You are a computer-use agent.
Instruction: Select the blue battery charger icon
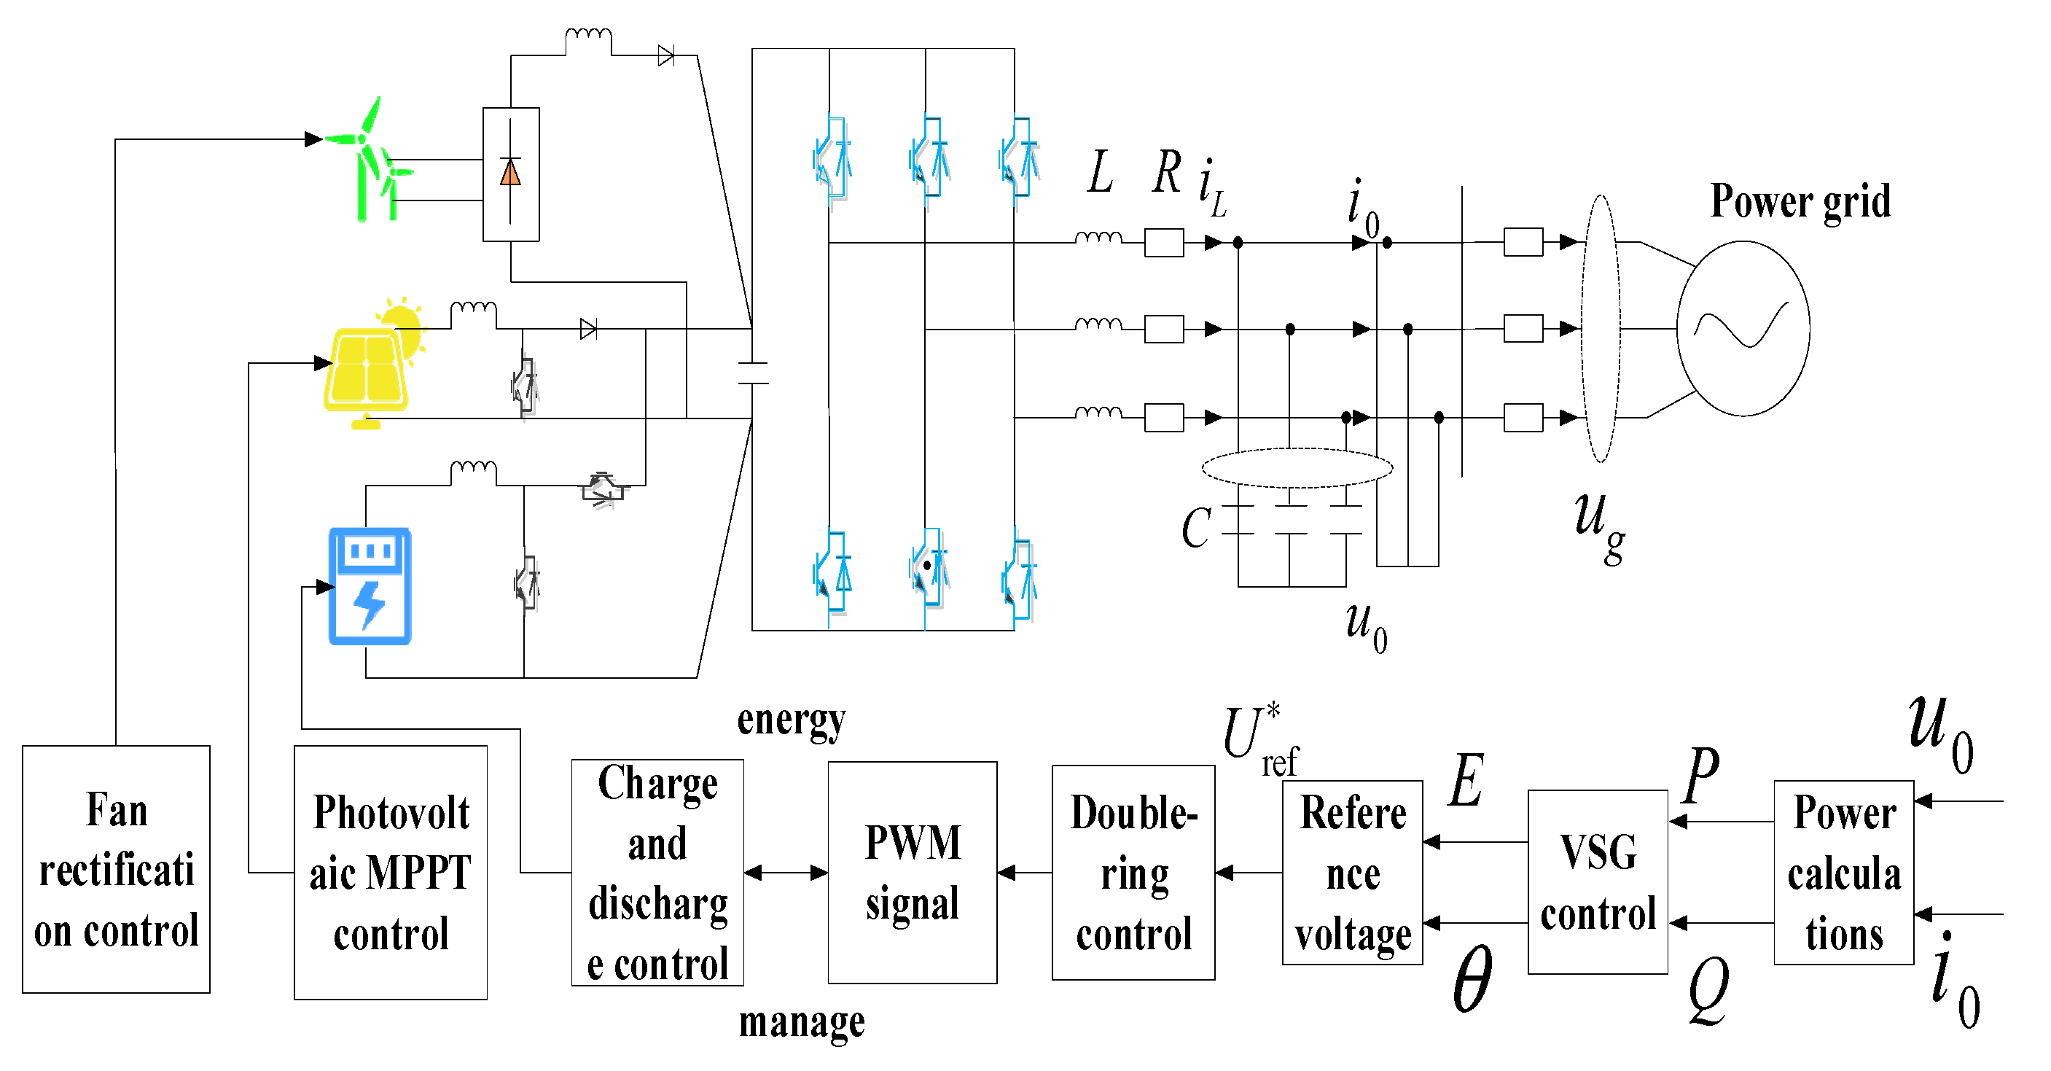point(370,586)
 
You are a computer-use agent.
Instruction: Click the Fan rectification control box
point(116,870)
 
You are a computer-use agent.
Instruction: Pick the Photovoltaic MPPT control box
point(390,873)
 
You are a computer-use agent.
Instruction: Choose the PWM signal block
point(913,873)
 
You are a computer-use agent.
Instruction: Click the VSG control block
point(1597,882)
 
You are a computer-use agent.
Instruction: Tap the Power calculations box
point(1843,873)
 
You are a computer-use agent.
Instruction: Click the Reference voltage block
point(1352,873)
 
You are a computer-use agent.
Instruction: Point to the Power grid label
point(1800,200)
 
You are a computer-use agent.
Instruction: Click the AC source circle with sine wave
point(1743,328)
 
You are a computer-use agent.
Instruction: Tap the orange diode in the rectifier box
point(510,173)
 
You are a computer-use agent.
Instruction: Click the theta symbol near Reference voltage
point(1472,979)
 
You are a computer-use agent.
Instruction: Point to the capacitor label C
point(1195,528)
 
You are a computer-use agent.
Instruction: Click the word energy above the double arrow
point(791,720)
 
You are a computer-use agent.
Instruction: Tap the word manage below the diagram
point(801,1021)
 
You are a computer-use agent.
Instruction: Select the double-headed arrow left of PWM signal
point(786,873)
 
